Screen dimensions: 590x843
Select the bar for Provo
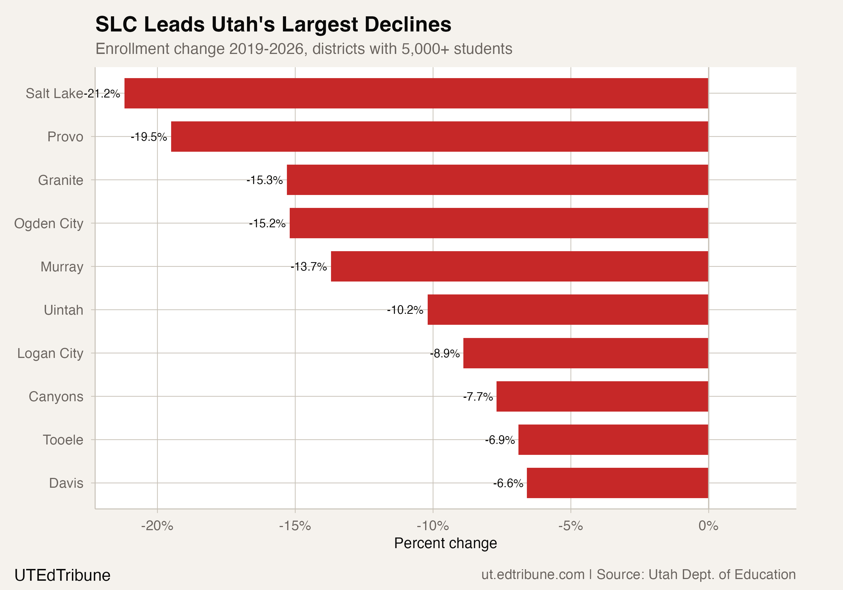click(439, 137)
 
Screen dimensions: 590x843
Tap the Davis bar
click(617, 483)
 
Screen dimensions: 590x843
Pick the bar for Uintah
click(568, 310)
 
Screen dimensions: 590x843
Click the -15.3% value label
click(264, 180)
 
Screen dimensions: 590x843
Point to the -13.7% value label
click(309, 267)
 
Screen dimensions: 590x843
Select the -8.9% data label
click(445, 353)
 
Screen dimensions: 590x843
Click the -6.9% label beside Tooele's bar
click(500, 440)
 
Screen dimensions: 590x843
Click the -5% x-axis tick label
click(570, 526)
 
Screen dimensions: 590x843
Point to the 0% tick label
click(708, 526)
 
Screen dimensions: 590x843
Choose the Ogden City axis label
click(49, 224)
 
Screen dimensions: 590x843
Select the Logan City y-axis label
click(50, 353)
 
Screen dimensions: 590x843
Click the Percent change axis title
click(445, 543)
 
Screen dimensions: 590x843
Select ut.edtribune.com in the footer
click(533, 575)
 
